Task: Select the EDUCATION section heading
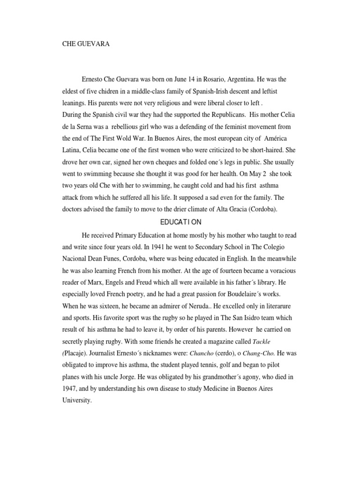[180, 222]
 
